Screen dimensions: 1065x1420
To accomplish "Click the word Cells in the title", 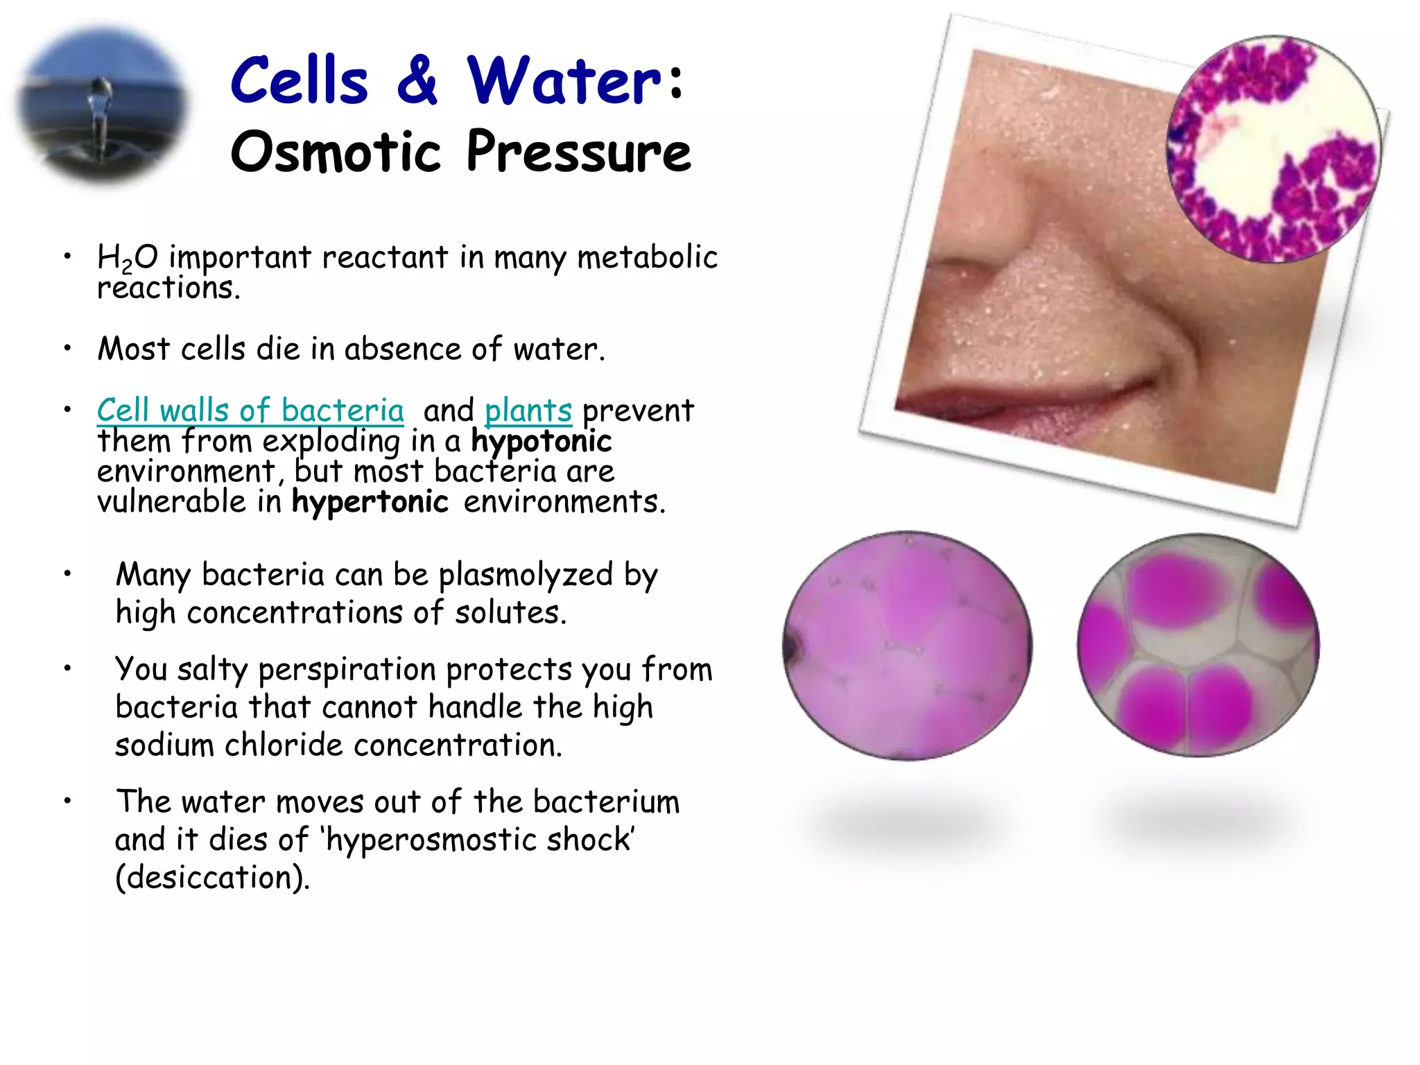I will [x=300, y=82].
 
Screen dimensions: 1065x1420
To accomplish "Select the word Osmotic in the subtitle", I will [x=336, y=153].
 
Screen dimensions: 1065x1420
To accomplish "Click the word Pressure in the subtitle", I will [x=578, y=153].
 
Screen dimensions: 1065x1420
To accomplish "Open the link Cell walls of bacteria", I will [x=250, y=410].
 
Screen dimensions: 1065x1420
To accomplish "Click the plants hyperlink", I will [x=528, y=410].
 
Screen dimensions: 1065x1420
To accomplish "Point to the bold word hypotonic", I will [x=542, y=442].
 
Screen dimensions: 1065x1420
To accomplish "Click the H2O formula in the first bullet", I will [x=128, y=258].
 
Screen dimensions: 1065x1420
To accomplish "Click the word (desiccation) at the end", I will [x=212, y=878].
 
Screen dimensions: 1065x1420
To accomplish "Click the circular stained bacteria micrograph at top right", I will [x=1273, y=149].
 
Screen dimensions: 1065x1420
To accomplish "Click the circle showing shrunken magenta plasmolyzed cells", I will [x=1198, y=645].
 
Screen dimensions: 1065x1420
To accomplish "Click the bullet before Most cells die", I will [x=67, y=349].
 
